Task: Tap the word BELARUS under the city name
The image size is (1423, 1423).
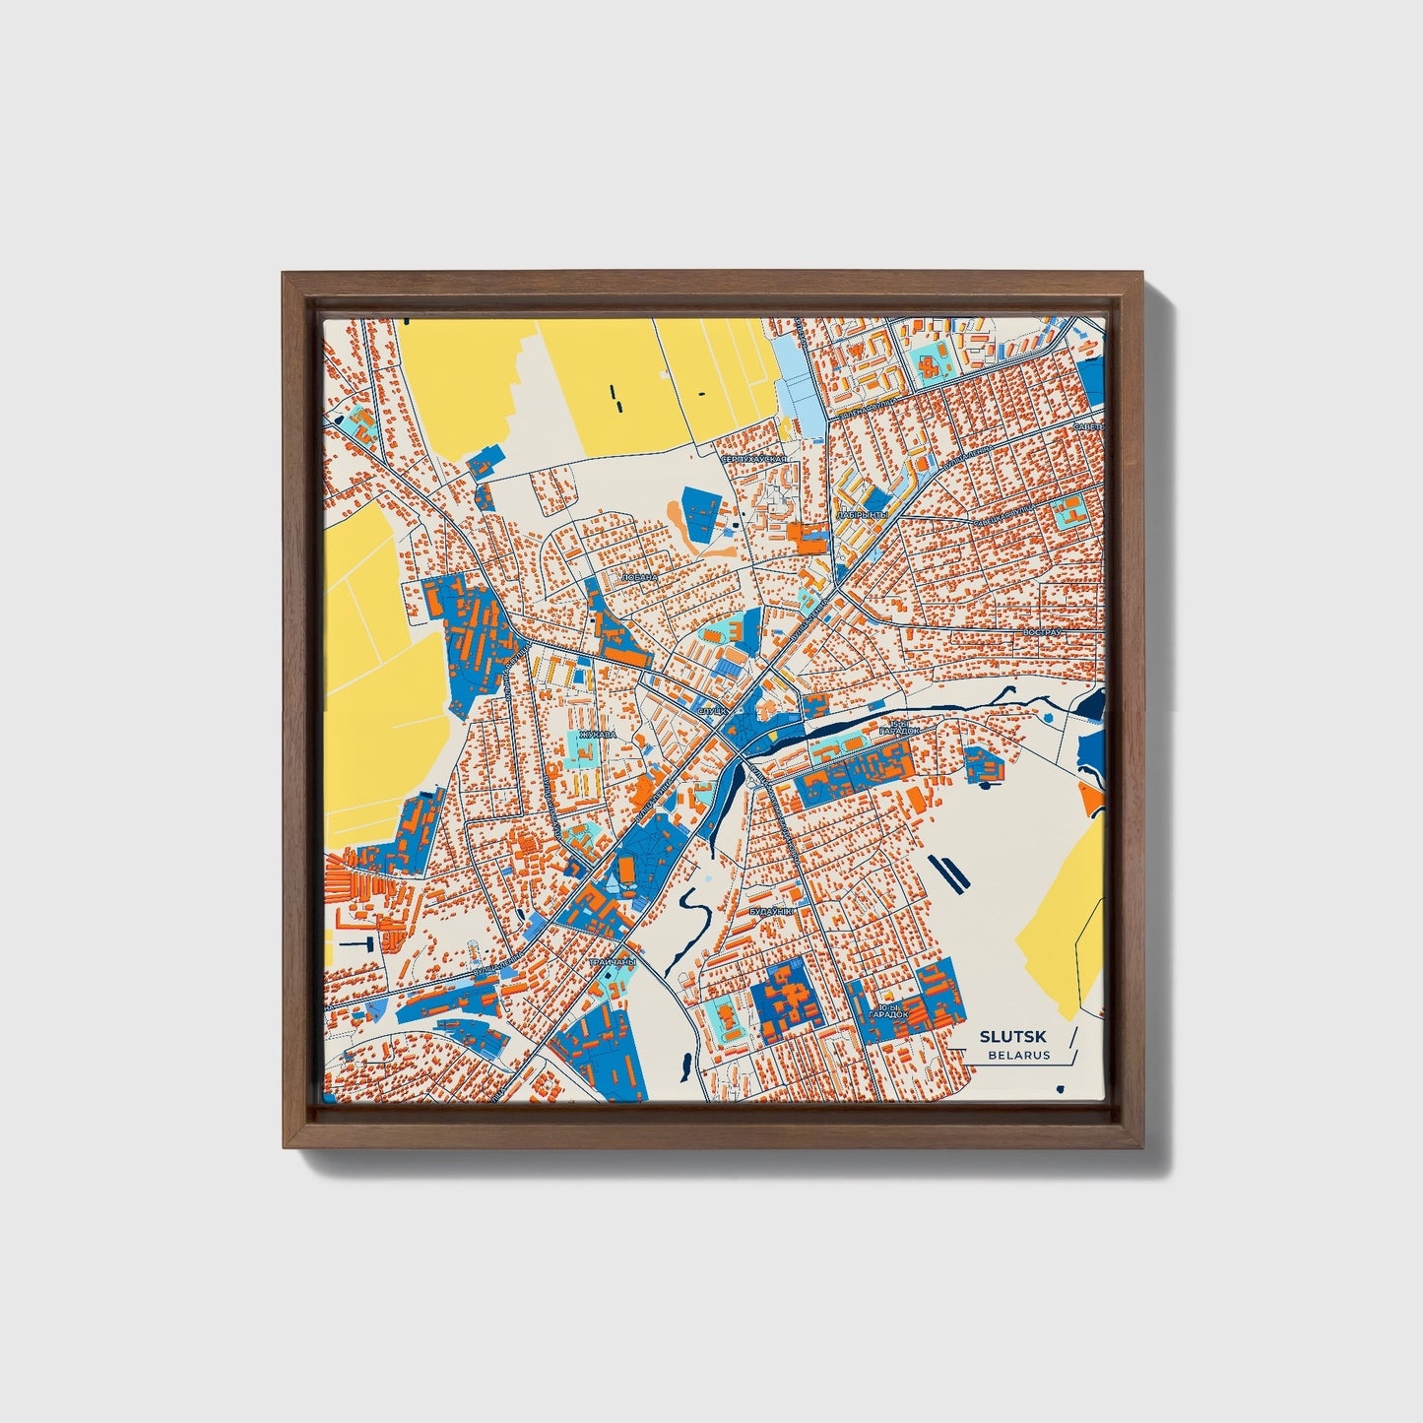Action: tap(1019, 1055)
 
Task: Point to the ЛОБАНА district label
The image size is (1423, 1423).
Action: tap(639, 578)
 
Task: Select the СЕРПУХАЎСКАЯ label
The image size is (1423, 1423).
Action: tap(755, 460)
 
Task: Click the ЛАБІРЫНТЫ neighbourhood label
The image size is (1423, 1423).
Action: tap(863, 515)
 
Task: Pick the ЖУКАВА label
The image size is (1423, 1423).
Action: tap(597, 735)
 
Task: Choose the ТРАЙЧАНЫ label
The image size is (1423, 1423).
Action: tap(613, 961)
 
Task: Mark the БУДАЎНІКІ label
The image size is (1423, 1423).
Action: tap(771, 913)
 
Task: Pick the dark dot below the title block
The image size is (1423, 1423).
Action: tap(1060, 1089)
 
